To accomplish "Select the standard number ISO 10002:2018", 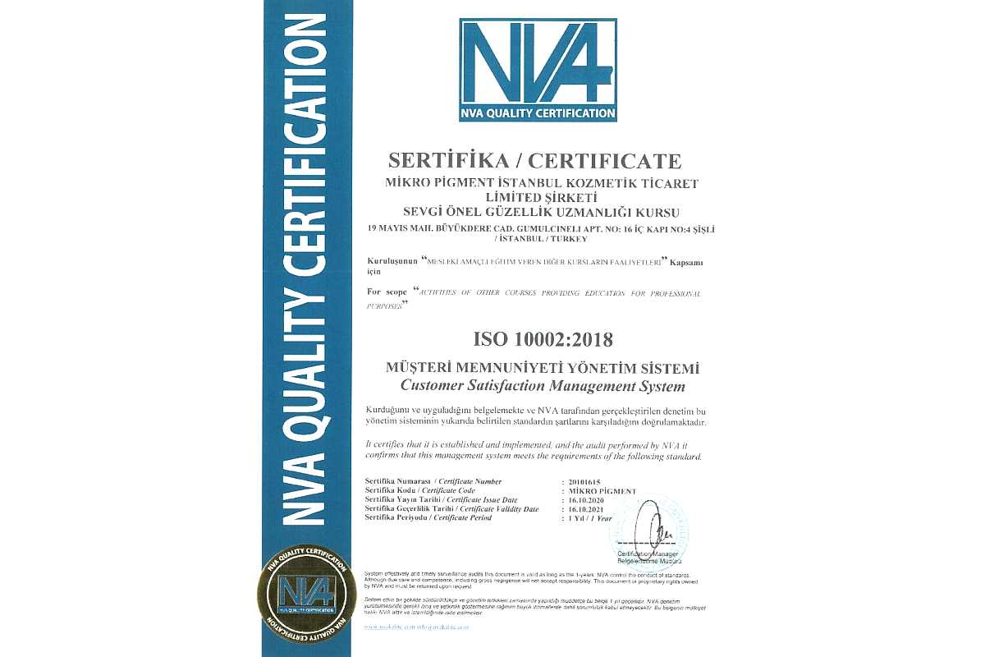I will pyautogui.click(x=543, y=338).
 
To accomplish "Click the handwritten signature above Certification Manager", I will pyautogui.click(x=654, y=530).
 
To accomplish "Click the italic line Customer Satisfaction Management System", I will pyautogui.click(x=542, y=385).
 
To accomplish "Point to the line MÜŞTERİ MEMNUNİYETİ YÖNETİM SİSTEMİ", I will pyautogui.click(x=543, y=369).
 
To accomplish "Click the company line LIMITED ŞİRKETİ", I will pyautogui.click(x=542, y=197).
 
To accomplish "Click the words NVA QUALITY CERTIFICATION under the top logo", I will pyautogui.click(x=538, y=113).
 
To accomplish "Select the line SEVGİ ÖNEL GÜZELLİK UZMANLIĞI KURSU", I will pyautogui.click(x=542, y=212).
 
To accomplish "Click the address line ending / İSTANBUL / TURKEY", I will pyautogui.click(x=542, y=239).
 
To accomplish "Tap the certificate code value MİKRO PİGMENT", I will pyautogui.click(x=602, y=490).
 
